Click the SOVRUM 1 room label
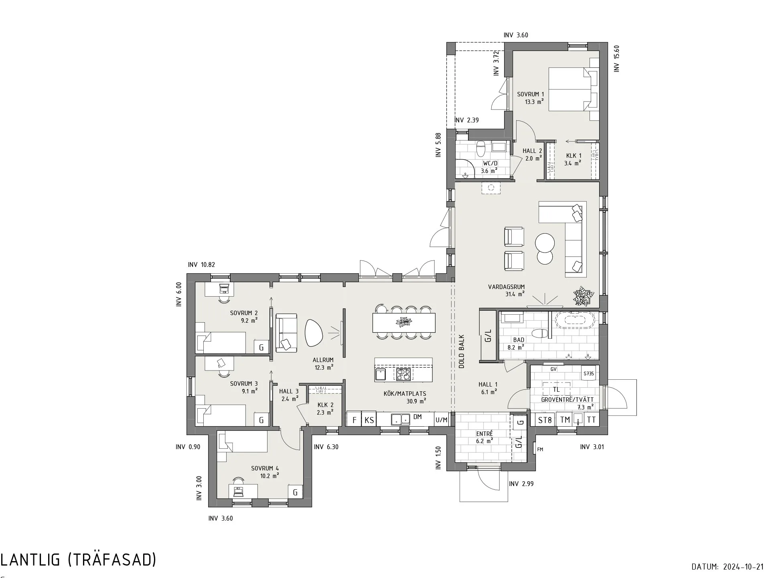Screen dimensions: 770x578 (x=531, y=94)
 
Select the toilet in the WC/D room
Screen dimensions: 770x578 (x=480, y=149)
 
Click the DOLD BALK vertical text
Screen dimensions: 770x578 (x=462, y=352)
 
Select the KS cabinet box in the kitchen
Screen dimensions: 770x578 (x=369, y=420)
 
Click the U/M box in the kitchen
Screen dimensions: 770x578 (x=442, y=420)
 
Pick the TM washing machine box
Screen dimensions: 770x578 (x=565, y=420)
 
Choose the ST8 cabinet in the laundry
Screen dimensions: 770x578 (x=545, y=420)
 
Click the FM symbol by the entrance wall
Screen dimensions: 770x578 (x=540, y=449)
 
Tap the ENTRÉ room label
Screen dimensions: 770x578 (x=484, y=433)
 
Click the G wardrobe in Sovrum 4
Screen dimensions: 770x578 (x=295, y=492)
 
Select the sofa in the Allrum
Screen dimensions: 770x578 (x=286, y=333)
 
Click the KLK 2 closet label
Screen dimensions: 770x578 (x=325, y=405)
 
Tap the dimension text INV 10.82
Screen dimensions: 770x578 (x=201, y=265)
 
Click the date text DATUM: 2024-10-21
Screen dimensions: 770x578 (x=727, y=567)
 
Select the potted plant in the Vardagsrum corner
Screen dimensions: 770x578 (x=584, y=297)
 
